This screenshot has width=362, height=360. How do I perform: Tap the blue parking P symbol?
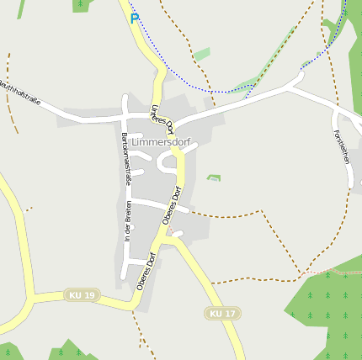tap(134, 18)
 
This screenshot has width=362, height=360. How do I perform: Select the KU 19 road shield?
tap(83, 295)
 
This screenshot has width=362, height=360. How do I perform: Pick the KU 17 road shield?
tap(222, 314)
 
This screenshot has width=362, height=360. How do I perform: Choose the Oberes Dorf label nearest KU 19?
tap(148, 271)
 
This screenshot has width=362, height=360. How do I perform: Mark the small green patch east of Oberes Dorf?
tap(214, 178)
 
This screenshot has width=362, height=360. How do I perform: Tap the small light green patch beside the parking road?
tap(201, 55)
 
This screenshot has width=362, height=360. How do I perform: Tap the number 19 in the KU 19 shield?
tap(89, 295)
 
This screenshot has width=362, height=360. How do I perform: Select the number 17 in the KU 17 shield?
tap(229, 314)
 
